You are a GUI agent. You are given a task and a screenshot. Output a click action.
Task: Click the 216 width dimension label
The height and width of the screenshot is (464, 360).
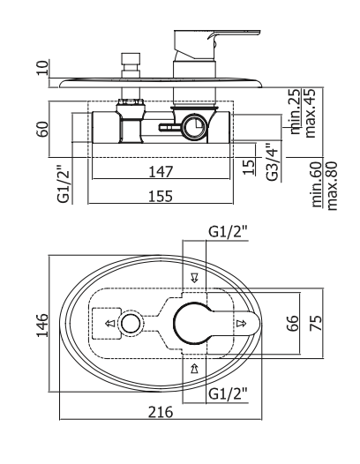pyautogui.click(x=161, y=412)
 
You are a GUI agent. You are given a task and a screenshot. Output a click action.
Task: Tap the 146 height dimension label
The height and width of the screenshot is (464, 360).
pyautogui.click(x=42, y=325)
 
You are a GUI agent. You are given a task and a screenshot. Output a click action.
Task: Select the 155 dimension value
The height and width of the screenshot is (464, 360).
pyautogui.click(x=161, y=196)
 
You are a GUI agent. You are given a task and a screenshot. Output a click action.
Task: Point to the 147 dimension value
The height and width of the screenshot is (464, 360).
pyautogui.click(x=161, y=172)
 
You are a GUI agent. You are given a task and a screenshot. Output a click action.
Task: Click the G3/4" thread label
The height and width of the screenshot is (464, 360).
pyautogui.click(x=272, y=161)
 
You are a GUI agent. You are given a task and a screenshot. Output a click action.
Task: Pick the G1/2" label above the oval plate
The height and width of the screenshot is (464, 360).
pyautogui.click(x=228, y=232)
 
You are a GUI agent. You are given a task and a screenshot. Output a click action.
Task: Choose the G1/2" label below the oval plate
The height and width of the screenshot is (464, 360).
pyautogui.click(x=228, y=393)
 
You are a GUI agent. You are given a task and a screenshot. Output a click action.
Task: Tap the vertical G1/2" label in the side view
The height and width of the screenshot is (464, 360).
pyautogui.click(x=64, y=183)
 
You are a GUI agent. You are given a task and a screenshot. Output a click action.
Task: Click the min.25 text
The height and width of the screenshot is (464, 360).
pyautogui.click(x=296, y=111)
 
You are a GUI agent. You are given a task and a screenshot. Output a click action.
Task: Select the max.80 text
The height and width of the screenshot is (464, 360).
pyautogui.click(x=332, y=185)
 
